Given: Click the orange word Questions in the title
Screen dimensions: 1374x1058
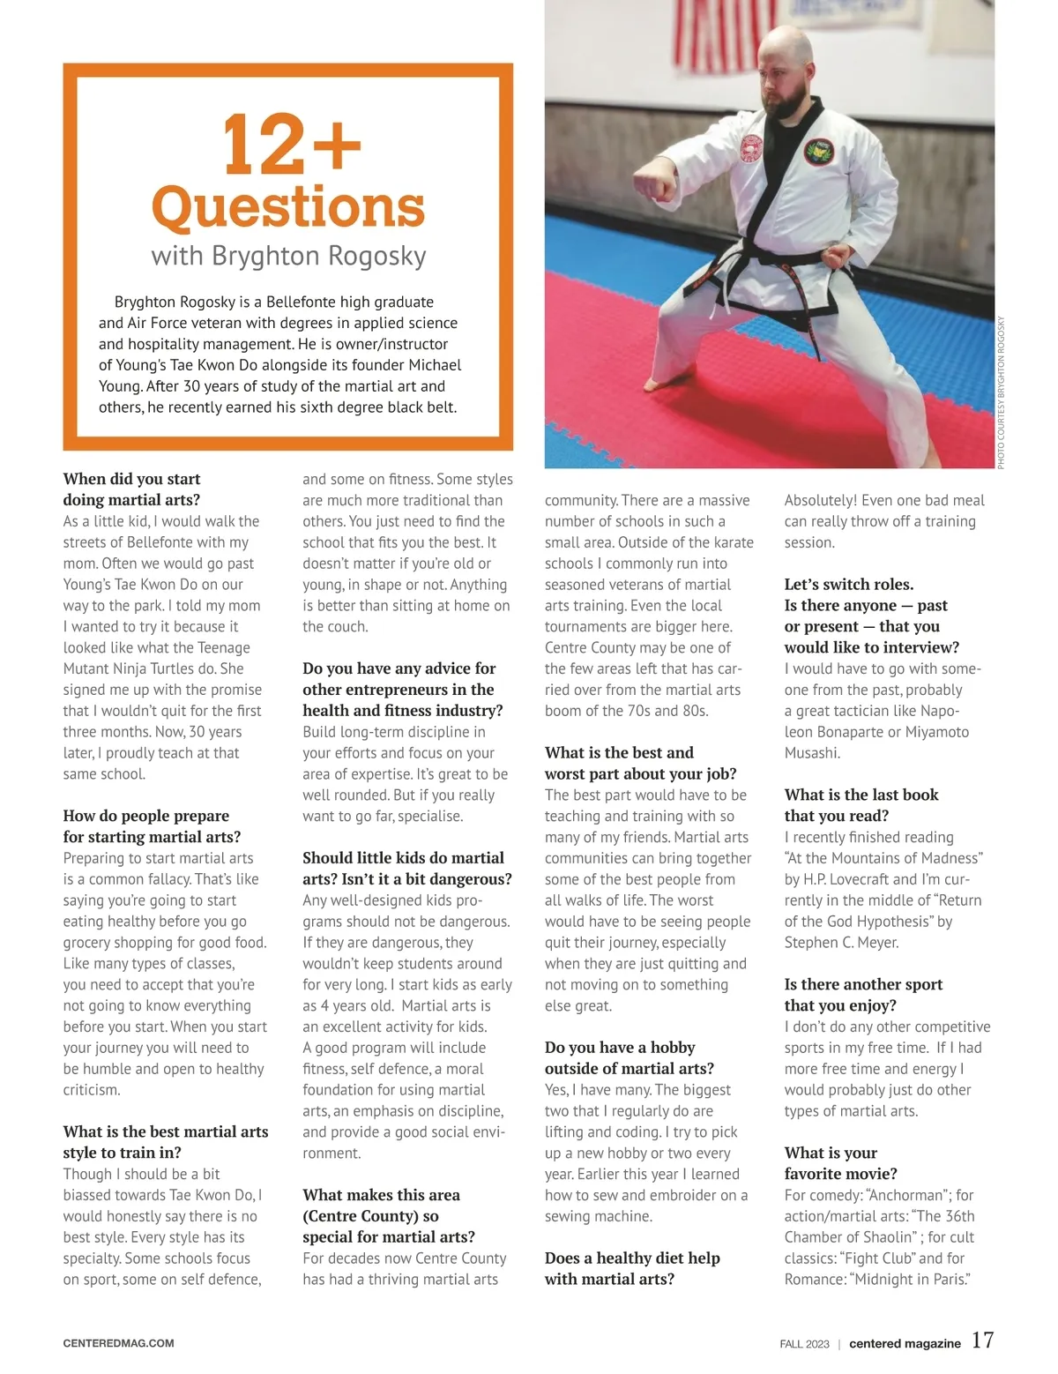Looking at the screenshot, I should coord(288,207).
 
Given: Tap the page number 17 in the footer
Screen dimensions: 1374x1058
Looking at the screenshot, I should coord(982,1340).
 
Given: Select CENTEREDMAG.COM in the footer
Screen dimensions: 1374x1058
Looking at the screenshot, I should coord(118,1343).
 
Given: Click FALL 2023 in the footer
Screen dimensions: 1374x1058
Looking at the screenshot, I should coord(804,1344).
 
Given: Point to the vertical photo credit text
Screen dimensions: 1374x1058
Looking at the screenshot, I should coord(1001,392).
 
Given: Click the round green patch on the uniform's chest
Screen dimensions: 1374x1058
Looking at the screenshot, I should coord(818,152).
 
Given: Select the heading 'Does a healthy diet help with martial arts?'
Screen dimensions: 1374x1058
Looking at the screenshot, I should coord(632,1268).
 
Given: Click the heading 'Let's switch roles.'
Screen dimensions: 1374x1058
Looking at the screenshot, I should coord(849,584).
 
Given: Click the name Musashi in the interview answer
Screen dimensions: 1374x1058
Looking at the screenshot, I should coord(812,752).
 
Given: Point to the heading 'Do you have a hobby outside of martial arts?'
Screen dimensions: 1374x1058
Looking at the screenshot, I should coord(629,1057).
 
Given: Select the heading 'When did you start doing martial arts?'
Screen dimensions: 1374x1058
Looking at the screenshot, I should coord(131,489).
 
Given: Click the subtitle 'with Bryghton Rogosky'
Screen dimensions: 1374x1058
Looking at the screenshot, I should coord(288,256).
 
